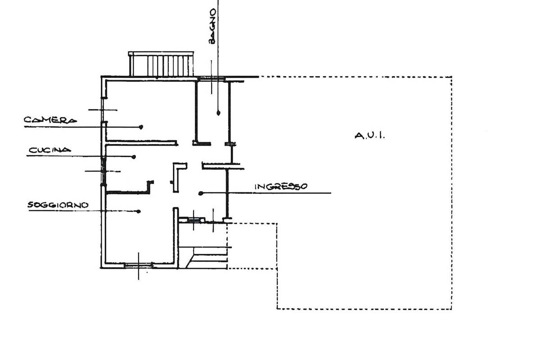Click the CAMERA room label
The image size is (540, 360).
pyautogui.click(x=50, y=120)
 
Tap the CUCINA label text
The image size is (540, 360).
pyautogui.click(x=50, y=150)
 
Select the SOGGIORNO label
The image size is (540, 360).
pyautogui.click(x=58, y=205)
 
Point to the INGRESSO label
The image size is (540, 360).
pyautogui.click(x=281, y=187)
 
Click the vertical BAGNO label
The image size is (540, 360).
pyautogui.click(x=212, y=26)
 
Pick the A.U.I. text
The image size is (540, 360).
pyautogui.click(x=370, y=136)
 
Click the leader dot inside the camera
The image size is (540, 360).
pyautogui.click(x=141, y=127)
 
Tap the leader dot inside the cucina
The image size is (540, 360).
pyautogui.click(x=134, y=157)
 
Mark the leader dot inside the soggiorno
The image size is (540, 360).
pyautogui.click(x=139, y=211)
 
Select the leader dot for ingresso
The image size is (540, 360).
pyautogui.click(x=201, y=193)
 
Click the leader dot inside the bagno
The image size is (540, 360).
pyautogui.click(x=218, y=112)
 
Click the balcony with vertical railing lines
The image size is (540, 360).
pyautogui.click(x=161, y=64)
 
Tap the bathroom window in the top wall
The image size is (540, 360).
pyautogui.click(x=211, y=78)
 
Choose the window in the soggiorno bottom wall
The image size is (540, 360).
pyautogui.click(x=139, y=265)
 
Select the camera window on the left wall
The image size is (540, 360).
pyautogui.click(x=103, y=110)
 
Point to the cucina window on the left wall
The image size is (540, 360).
pyautogui.click(x=103, y=171)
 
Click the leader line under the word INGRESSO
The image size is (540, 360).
pyautogui.click(x=265, y=193)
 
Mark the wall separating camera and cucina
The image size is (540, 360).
pyautogui.click(x=142, y=143)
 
